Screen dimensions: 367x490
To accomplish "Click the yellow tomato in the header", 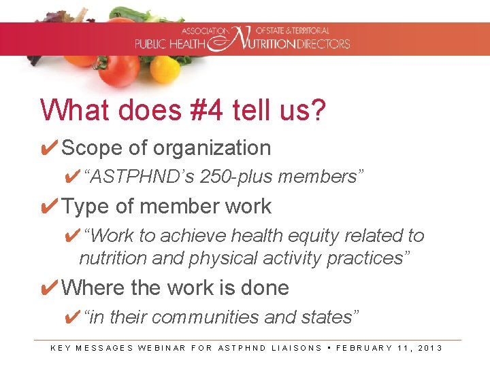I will click(x=165, y=69).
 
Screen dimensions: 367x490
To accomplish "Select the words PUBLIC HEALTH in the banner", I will click(x=170, y=44).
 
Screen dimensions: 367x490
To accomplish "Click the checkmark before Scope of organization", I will click(x=49, y=148).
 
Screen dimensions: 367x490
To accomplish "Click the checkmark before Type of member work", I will click(x=49, y=207).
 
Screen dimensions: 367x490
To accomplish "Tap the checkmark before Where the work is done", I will click(x=49, y=288).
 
